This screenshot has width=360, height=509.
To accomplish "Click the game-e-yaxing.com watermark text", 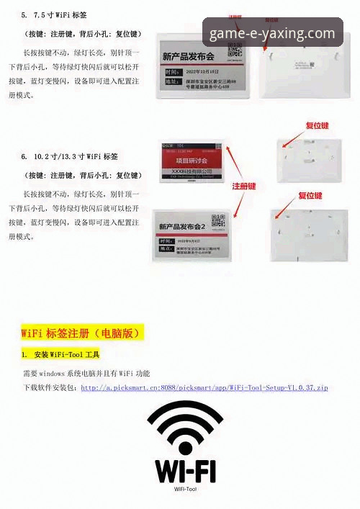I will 272,34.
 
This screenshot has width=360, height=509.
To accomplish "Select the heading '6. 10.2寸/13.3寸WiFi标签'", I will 70,156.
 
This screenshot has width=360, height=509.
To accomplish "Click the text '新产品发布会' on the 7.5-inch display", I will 189,56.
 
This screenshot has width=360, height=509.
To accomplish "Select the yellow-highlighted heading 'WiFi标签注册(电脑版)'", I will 82,333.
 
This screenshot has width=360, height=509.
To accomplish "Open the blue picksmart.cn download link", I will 204,388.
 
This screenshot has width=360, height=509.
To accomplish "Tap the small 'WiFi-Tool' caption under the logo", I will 185,489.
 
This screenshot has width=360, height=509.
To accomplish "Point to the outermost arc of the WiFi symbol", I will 185,407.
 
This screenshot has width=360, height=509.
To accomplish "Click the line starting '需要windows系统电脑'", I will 86,374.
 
